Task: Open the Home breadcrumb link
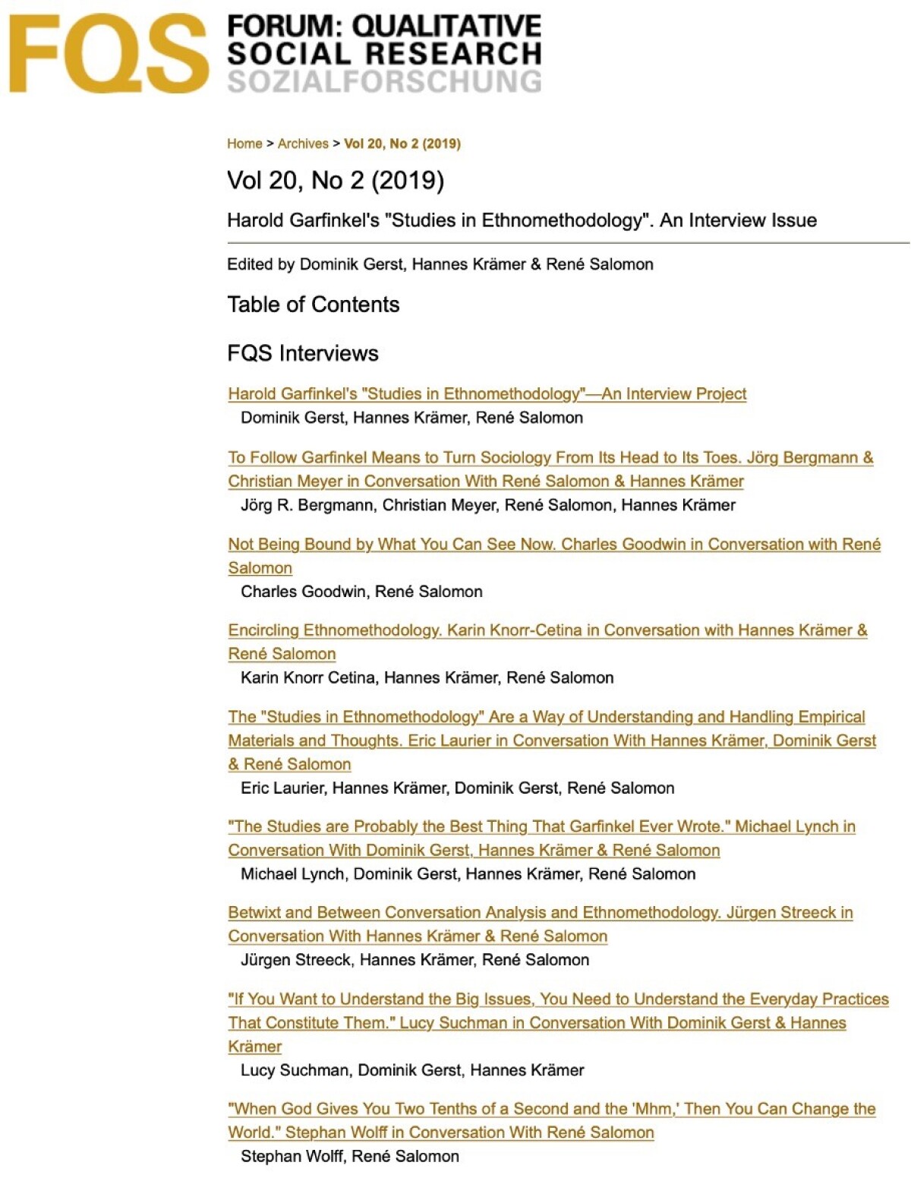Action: point(244,144)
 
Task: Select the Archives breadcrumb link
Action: point(303,144)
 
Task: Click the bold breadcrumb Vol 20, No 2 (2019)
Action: point(402,144)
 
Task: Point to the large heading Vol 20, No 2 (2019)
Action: point(336,181)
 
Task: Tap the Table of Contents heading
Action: point(313,305)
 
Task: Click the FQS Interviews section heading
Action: point(302,353)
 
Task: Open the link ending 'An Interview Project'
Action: point(487,393)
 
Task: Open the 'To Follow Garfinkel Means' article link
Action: point(550,457)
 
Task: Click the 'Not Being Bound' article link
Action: point(554,544)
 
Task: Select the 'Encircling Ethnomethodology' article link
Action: point(547,630)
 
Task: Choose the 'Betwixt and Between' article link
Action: point(540,912)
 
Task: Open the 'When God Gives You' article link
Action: point(551,1108)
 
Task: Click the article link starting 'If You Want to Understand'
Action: point(558,999)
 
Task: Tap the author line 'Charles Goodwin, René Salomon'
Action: point(361,592)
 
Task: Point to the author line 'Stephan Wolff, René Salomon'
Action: point(349,1156)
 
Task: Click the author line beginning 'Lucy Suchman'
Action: point(412,1070)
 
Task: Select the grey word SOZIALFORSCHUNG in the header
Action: point(384,81)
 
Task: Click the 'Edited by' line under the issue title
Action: point(440,264)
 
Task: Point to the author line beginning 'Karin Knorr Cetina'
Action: point(427,677)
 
